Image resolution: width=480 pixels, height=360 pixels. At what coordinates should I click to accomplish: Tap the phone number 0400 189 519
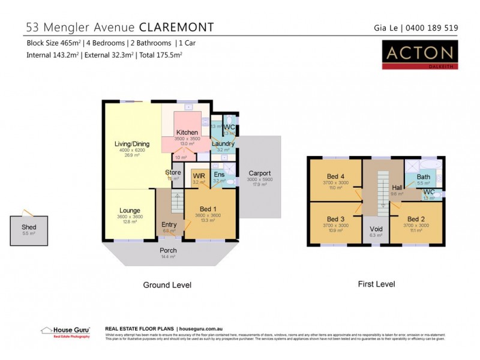pyautogui.click(x=432, y=27)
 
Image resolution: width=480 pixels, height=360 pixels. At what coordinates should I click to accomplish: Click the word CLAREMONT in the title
pyautogui.click(x=175, y=27)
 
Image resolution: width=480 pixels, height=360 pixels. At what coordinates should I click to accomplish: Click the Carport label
pyautogui.click(x=259, y=173)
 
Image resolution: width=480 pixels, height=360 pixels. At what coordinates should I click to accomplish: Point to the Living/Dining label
pyautogui.click(x=131, y=143)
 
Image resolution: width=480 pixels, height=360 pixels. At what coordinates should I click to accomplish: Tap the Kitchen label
pyautogui.click(x=187, y=132)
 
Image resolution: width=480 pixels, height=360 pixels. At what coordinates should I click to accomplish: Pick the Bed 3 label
pyautogui.click(x=336, y=219)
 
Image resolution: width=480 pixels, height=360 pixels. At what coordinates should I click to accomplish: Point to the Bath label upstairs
pyautogui.click(x=423, y=177)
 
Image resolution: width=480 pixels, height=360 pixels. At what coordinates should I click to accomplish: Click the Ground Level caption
pyautogui.click(x=167, y=285)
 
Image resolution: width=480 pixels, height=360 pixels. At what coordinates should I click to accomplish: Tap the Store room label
pyautogui.click(x=173, y=173)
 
